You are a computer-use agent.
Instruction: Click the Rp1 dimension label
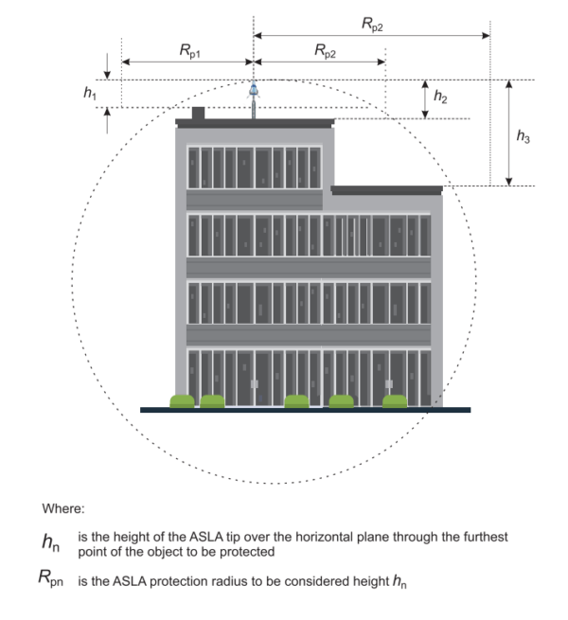[188, 52]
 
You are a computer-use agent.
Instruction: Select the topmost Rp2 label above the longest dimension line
[371, 25]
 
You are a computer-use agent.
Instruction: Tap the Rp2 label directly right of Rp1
[325, 52]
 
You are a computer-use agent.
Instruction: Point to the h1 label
[90, 94]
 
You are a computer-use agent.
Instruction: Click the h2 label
[440, 97]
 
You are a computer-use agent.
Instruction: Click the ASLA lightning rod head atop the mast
[254, 91]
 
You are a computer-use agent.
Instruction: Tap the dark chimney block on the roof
[198, 114]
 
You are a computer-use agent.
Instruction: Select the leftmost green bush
[182, 401]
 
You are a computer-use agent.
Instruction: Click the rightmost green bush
[394, 401]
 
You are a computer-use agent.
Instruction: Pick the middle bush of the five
[296, 401]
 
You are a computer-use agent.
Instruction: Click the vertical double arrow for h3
[509, 133]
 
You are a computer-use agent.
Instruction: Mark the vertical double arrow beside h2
[425, 99]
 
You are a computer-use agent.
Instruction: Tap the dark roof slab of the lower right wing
[386, 190]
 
